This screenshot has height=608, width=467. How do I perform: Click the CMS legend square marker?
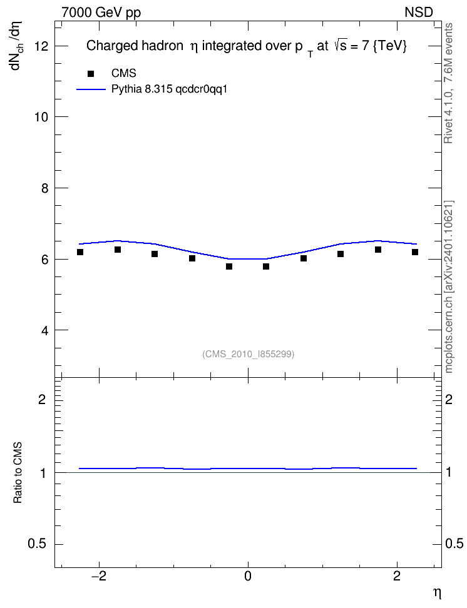coord(91,74)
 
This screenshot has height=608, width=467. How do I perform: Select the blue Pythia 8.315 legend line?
coord(91,89)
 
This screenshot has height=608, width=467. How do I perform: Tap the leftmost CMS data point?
coord(80,252)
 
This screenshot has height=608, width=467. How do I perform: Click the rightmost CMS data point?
coord(415,252)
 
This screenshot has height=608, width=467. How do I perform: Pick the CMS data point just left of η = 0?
coord(229,266)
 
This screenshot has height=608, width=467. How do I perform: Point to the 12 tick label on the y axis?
coord(41,46)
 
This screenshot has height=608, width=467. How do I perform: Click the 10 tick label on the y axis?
coord(41,117)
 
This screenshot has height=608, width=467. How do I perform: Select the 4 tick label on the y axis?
coord(44,330)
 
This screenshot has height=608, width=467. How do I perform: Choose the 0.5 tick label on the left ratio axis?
coord(38,544)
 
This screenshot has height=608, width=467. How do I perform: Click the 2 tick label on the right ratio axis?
coord(449,399)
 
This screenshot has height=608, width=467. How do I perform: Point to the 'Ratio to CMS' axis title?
coord(18,473)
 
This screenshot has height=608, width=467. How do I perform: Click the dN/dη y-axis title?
coord(17,46)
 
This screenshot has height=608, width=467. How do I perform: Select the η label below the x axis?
coord(437,594)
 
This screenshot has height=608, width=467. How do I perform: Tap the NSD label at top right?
coord(418,13)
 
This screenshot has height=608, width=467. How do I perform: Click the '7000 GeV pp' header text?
coord(101,13)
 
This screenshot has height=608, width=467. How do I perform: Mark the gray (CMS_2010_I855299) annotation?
coord(248,354)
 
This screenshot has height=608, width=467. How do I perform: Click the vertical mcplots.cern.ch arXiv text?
coord(448,287)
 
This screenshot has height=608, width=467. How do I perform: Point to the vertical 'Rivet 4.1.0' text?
coord(448,83)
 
